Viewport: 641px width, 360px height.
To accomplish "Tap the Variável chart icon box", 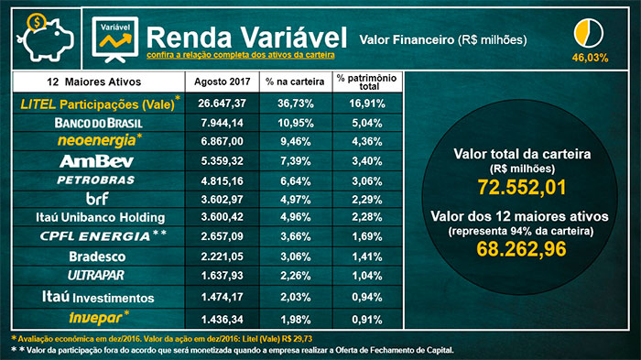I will [114, 37].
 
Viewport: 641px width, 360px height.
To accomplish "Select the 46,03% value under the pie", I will [591, 57].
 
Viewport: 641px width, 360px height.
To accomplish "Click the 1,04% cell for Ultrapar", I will [366, 276].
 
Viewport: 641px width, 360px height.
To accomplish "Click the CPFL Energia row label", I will [99, 237].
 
